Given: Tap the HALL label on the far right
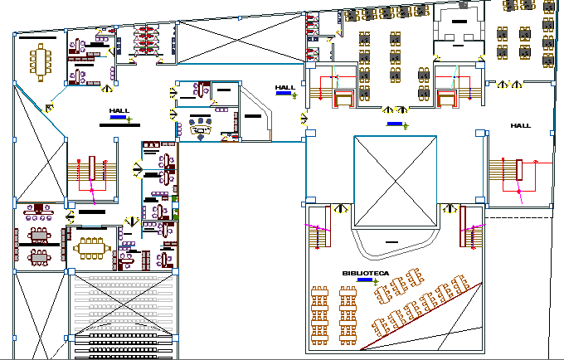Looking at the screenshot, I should [520, 125].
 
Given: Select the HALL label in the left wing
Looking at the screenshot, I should [119, 110].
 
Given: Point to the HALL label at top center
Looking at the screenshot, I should [285, 87].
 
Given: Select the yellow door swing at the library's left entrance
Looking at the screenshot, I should [338, 209].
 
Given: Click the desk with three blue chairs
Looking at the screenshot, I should [201, 128].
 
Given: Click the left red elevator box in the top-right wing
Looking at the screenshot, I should [343, 100].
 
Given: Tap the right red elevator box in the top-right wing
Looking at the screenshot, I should [447, 100].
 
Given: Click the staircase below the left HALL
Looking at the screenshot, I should [90, 171].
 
